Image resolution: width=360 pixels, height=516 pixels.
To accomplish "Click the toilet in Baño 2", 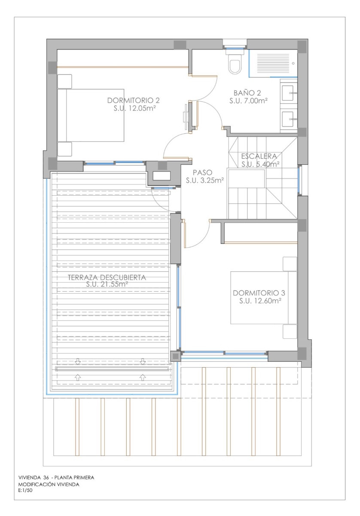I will point(235,64).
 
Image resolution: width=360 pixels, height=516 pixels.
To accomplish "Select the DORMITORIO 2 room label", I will point(134,101).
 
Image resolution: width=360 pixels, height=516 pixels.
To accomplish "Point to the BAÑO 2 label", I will point(247,92).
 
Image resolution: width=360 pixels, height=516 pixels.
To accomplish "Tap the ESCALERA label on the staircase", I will point(259,156).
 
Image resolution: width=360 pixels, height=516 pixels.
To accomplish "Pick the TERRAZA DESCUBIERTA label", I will point(107,277).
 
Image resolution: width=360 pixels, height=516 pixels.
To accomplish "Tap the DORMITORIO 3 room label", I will point(259,293).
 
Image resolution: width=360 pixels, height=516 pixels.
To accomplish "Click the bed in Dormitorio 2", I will point(95,115).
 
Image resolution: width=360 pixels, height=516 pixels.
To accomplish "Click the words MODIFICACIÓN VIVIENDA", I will point(49,484).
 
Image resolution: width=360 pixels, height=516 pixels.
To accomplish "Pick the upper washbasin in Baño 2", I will point(289,91).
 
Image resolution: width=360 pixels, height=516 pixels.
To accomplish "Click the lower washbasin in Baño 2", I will point(289,117).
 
